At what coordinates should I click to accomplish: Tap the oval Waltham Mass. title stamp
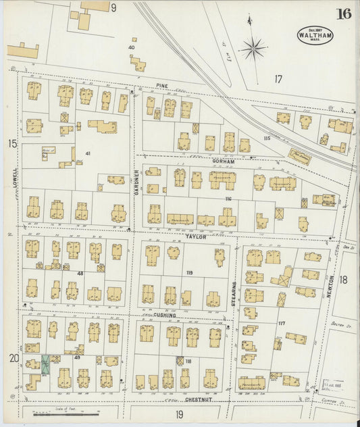click(x=311, y=35)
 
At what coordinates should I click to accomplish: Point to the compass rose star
click(x=253, y=48)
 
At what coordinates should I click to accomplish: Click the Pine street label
click(x=161, y=86)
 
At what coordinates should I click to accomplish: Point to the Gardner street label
click(x=136, y=182)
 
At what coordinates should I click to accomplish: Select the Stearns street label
click(x=234, y=294)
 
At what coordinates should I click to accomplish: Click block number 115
click(x=267, y=139)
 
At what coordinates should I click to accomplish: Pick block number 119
click(x=190, y=273)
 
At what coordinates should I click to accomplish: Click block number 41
click(x=88, y=153)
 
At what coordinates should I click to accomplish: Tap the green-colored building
click(x=45, y=365)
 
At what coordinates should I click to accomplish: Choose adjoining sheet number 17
click(x=278, y=79)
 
